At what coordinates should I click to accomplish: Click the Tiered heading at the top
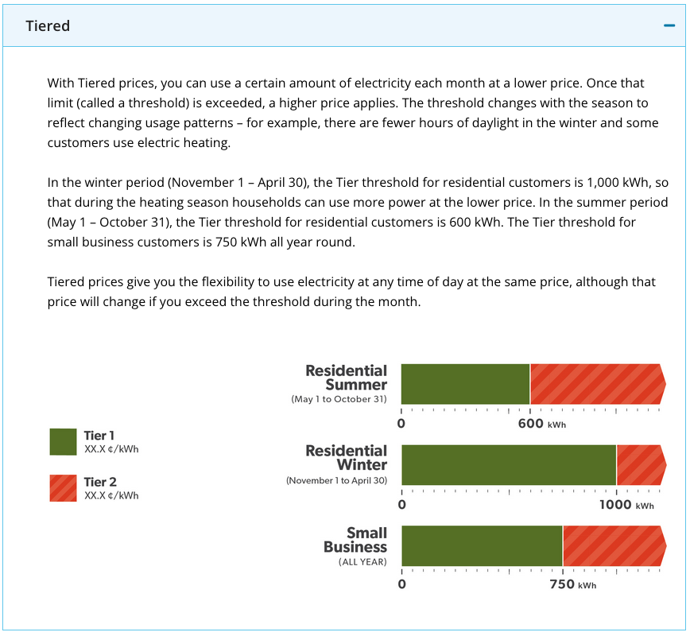point(48,26)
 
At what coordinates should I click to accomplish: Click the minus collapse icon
point(669,25)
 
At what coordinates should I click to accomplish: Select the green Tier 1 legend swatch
point(63,442)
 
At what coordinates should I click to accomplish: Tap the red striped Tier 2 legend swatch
point(63,488)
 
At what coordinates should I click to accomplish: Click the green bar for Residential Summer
point(466,384)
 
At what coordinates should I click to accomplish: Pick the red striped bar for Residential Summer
point(598,384)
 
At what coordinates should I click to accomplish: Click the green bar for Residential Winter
point(509,465)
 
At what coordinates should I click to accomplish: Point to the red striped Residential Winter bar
point(642,465)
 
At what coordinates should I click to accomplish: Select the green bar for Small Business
point(483,546)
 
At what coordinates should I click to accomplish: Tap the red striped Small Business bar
point(614,546)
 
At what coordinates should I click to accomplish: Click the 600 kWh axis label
point(541,424)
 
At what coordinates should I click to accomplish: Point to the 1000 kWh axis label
point(626,504)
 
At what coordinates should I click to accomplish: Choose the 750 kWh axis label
point(573,584)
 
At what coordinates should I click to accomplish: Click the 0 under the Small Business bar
point(401,584)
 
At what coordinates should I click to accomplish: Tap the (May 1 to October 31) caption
point(339,399)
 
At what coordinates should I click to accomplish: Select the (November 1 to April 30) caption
point(336,480)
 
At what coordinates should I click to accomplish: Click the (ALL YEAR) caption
point(362,562)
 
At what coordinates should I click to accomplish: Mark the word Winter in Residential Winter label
point(362,465)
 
